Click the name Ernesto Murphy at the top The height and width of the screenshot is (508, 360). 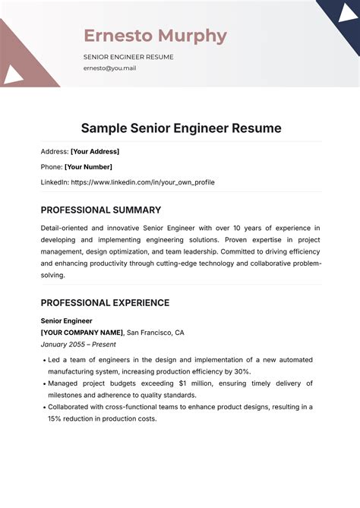[155, 36]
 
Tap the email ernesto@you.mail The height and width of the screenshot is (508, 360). [109, 68]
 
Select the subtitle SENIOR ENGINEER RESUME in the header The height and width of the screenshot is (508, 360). [128, 56]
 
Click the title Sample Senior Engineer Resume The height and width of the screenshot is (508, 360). [181, 128]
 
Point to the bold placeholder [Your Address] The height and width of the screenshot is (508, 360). [95, 151]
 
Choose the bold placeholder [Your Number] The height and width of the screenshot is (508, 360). [88, 166]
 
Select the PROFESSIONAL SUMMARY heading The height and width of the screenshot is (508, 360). [101, 210]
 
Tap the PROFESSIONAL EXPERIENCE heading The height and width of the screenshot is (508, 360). [105, 302]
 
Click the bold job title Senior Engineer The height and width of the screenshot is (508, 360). [67, 320]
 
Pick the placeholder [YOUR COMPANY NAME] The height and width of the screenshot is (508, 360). [82, 333]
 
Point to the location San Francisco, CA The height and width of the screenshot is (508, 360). [155, 333]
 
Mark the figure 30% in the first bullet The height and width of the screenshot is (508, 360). [241, 371]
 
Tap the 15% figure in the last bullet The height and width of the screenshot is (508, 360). [55, 418]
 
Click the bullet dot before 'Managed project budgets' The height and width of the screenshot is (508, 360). [44, 383]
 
